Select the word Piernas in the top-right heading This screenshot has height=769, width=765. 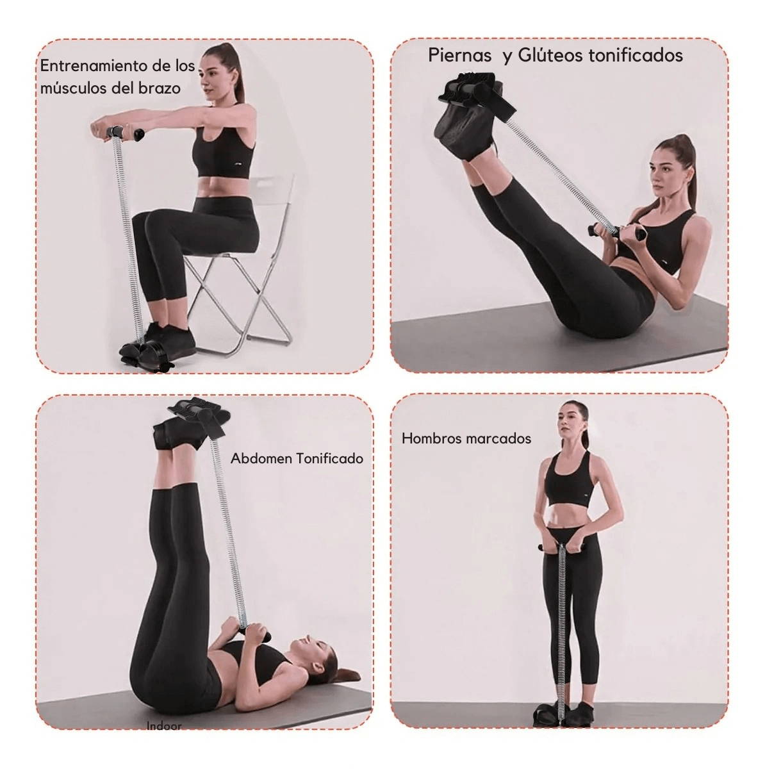click(460, 55)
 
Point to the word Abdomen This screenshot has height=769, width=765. click(261, 459)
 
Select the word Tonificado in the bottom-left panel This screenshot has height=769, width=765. click(329, 459)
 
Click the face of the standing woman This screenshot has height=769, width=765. click(568, 423)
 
